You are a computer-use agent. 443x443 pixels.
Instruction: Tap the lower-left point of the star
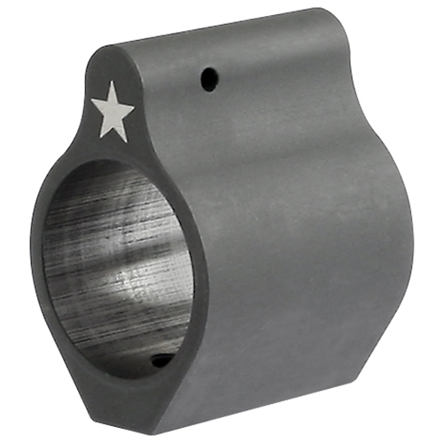coord(99,137)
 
